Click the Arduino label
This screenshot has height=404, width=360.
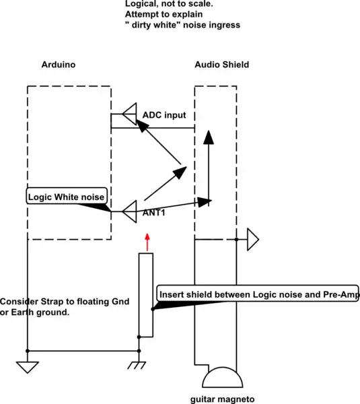pos(58,65)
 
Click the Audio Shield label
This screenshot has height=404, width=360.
pos(221,65)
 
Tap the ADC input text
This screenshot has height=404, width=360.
pos(164,115)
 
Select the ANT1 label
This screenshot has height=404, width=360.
pos(154,213)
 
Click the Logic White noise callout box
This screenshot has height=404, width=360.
pos(65,197)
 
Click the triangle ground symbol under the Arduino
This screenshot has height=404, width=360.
pos(28,368)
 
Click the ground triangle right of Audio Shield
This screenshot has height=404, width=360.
pos(253,239)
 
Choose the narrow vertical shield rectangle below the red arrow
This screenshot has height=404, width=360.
pos(146,294)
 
